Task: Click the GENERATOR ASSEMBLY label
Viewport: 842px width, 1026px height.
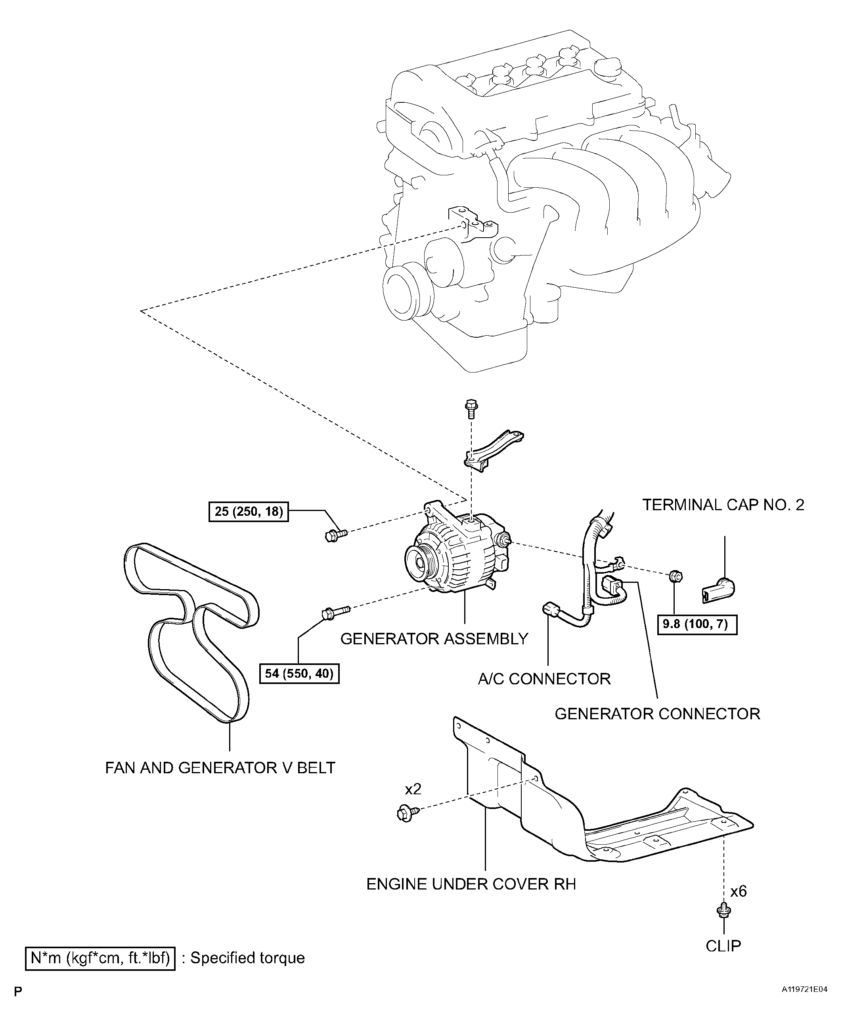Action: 434,639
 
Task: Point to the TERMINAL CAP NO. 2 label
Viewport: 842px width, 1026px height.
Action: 723,505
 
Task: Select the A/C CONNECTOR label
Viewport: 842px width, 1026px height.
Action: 544,678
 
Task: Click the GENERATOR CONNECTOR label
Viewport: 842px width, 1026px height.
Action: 657,714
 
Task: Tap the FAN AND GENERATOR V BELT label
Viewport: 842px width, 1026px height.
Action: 220,768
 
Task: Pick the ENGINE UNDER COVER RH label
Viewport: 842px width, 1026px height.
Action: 471,884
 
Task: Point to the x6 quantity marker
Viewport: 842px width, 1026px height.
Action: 738,892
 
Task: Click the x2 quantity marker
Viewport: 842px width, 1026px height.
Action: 413,789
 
